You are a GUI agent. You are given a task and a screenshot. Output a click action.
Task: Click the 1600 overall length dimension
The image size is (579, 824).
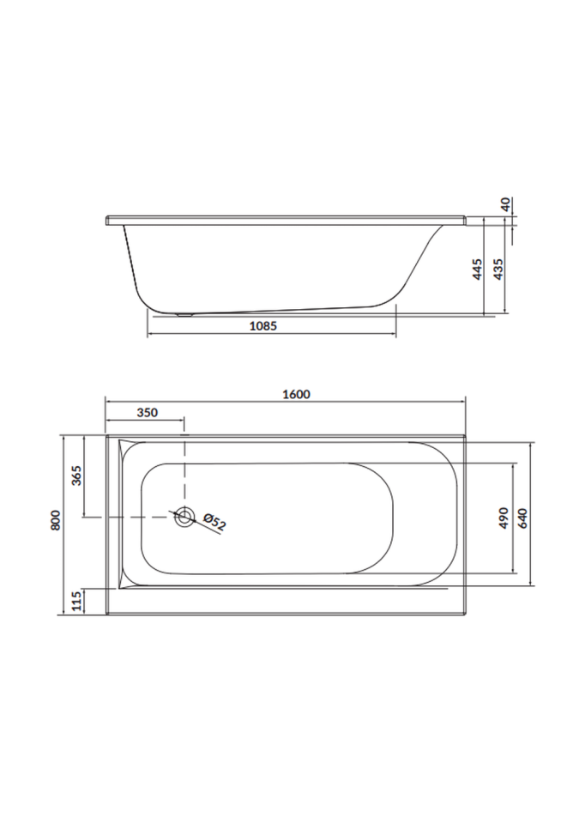coord(296,394)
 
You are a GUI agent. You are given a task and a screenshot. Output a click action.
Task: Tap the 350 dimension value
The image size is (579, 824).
coord(148,413)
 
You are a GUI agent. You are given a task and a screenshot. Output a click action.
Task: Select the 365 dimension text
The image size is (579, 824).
coord(76,475)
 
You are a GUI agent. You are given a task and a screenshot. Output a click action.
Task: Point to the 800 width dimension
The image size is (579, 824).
coord(57,520)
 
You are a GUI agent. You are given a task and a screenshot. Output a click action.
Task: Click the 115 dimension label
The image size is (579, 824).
coord(76,601)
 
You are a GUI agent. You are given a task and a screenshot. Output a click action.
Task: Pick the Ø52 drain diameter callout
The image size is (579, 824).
coord(214,523)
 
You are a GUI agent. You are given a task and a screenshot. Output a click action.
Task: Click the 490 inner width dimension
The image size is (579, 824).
coord(504,518)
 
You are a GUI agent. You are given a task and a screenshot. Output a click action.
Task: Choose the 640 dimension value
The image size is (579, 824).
coord(522,518)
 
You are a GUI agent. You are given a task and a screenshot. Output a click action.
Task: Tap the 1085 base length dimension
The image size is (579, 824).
coord(262,326)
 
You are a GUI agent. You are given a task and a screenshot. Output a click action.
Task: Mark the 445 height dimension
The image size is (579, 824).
coord(477,269)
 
